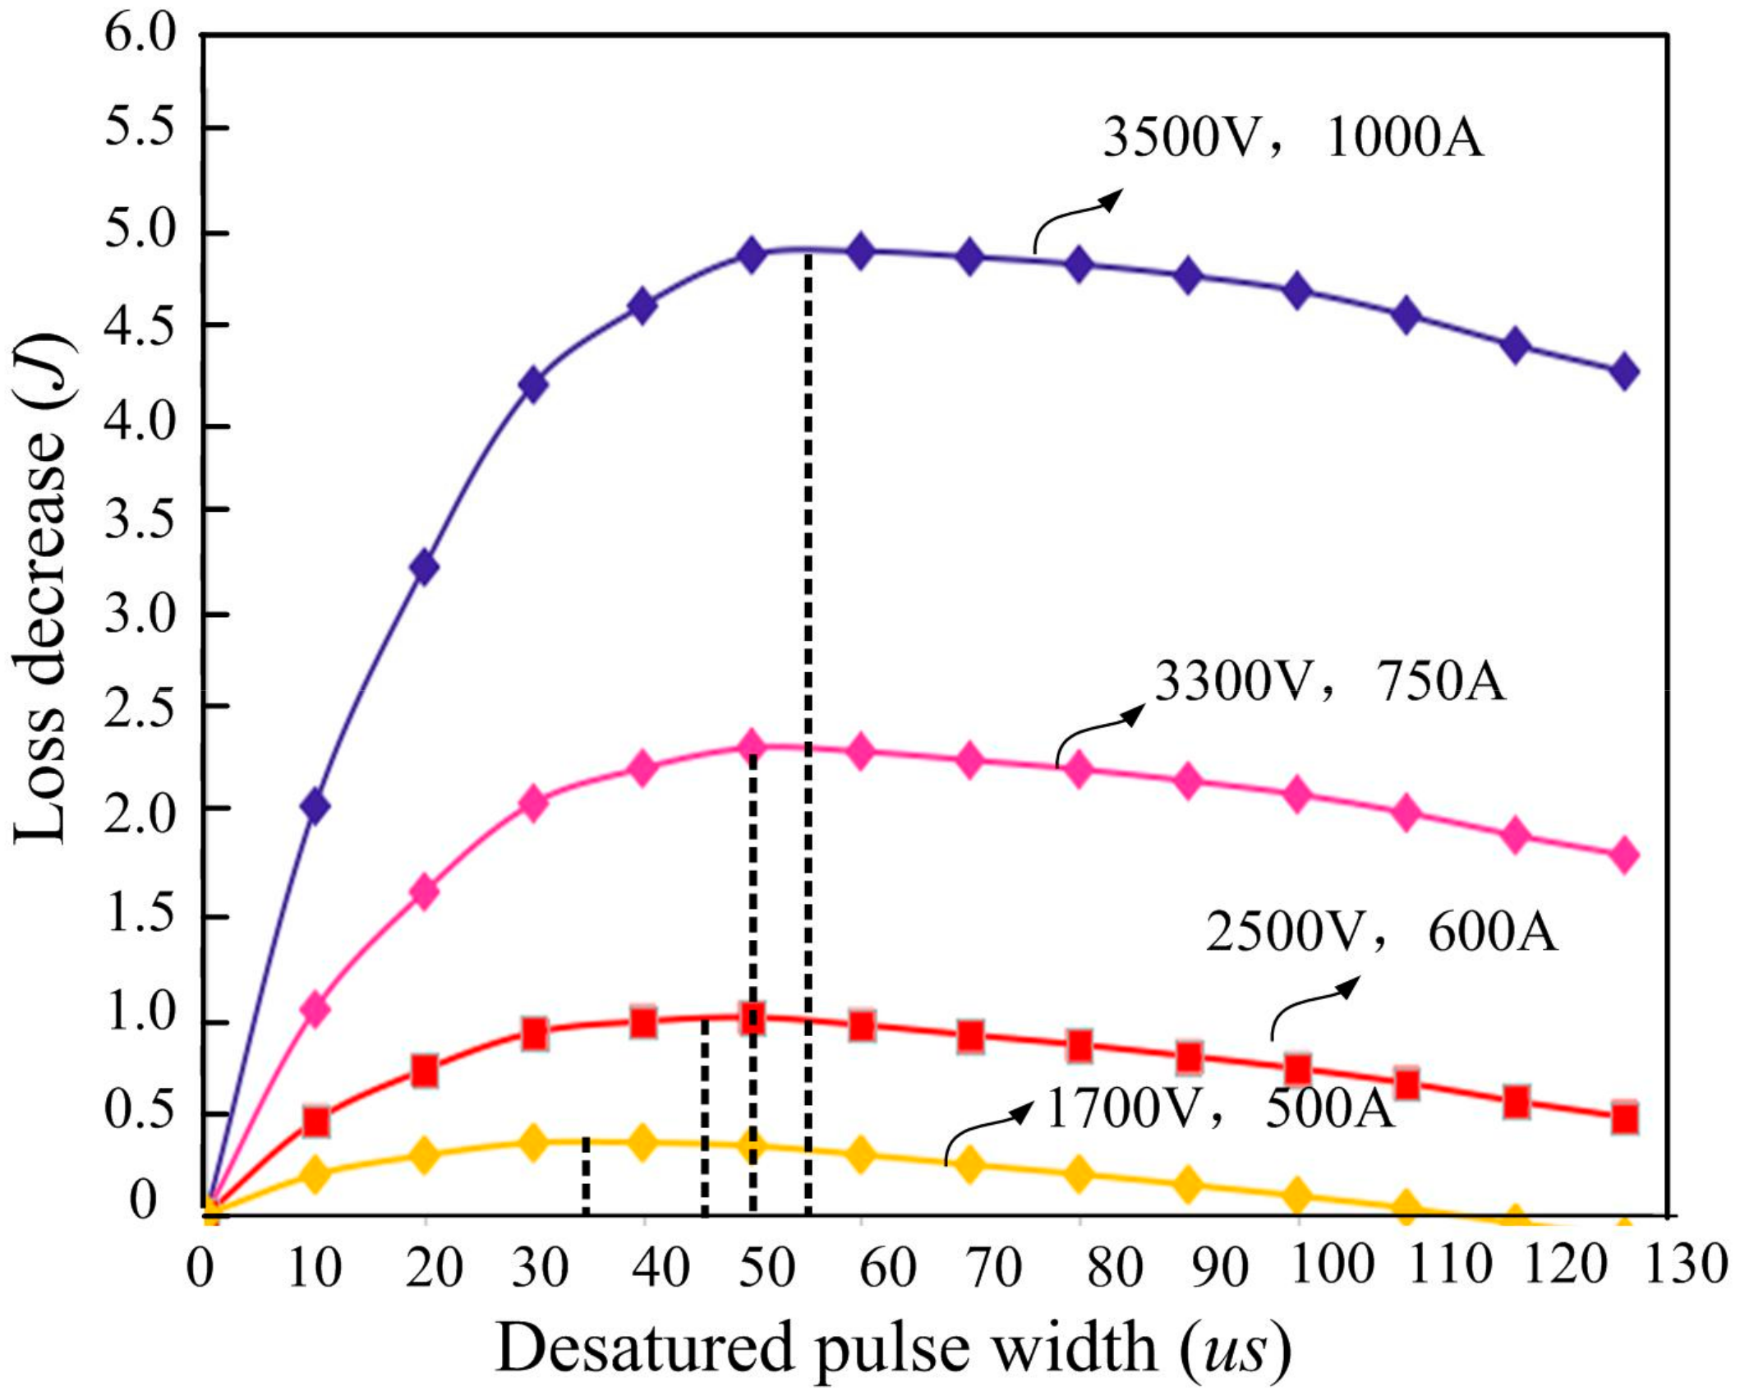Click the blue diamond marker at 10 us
315,806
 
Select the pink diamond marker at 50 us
752,746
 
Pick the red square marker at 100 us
1297,1069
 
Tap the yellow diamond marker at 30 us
534,1141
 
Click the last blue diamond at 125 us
1623,371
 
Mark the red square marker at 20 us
424,1071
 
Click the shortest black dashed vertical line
585,1176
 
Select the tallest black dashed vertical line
808,731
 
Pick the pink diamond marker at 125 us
1623,855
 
